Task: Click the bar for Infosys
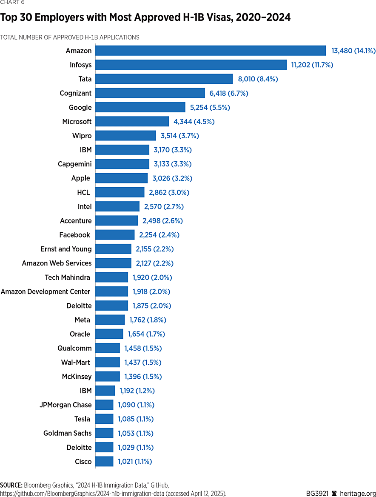191,65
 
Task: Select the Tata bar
164,79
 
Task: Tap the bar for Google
140,107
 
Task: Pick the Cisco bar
104,461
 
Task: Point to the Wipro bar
125,136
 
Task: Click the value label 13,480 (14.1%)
353,51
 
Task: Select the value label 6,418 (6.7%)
229,93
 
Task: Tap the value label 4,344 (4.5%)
194,122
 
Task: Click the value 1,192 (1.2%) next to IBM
137,391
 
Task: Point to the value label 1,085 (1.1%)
136,419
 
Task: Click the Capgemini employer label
74,164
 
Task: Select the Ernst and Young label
66,249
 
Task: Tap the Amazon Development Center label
46,291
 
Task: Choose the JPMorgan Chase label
66,405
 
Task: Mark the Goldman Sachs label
67,433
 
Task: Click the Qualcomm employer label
74,348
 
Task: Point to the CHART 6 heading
12,2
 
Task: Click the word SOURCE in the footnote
11,485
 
